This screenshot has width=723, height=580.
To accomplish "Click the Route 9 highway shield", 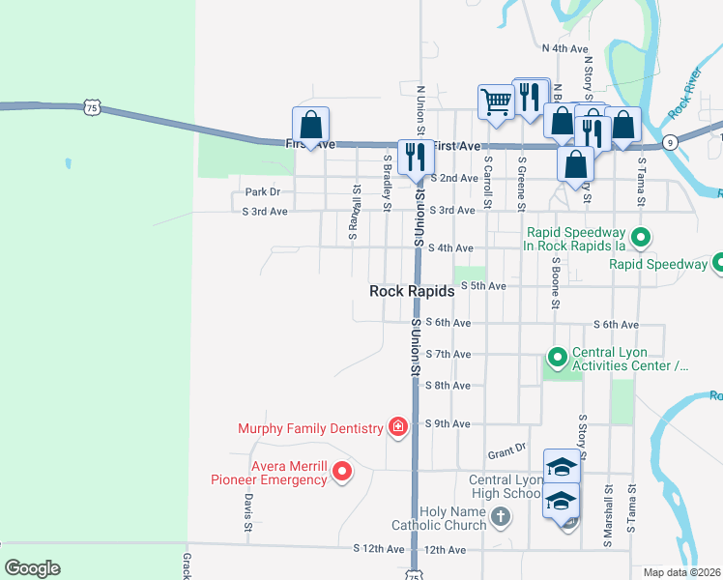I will (x=670, y=142).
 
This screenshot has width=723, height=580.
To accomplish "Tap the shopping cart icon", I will (x=496, y=101).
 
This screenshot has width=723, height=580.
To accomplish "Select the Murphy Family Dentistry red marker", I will (x=396, y=426).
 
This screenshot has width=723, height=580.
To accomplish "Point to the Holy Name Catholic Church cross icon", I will (x=501, y=517).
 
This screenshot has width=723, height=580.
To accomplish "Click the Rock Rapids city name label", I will (x=412, y=291).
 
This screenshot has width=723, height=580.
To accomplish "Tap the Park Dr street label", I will (x=262, y=192).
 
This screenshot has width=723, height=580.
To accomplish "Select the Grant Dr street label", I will (x=506, y=451).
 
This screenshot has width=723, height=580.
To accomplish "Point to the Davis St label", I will (x=248, y=513).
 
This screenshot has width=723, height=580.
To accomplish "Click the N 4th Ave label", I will (x=565, y=47).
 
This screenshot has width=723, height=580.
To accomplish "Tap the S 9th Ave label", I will (x=448, y=424).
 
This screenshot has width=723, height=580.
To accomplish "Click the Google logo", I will (x=32, y=568).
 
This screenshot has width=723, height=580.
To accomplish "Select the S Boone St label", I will (x=556, y=282).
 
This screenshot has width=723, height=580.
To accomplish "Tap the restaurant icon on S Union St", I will (x=418, y=157).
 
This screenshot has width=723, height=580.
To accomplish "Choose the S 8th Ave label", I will (x=448, y=386).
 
